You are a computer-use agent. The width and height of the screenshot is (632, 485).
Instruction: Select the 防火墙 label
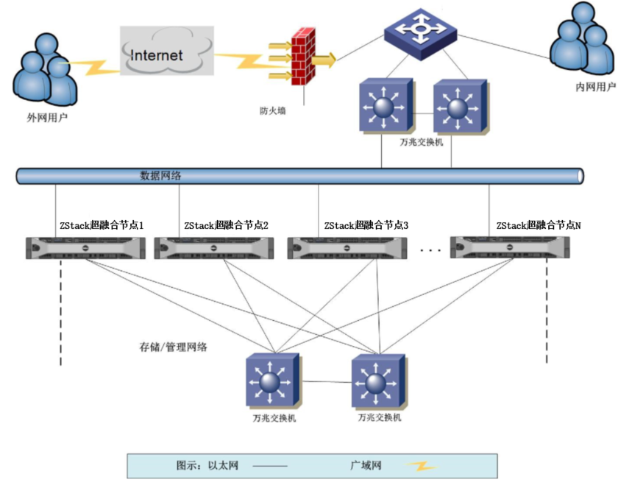[273, 111]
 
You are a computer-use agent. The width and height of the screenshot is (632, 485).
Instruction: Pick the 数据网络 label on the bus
[161, 176]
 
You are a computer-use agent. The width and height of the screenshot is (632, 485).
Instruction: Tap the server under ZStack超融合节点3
[346, 248]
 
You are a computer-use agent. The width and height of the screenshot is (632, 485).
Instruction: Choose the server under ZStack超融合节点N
[510, 248]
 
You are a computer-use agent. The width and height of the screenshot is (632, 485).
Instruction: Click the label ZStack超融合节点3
[366, 225]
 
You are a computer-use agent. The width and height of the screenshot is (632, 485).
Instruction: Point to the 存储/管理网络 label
[173, 346]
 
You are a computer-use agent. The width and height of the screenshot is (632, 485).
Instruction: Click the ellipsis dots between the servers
[430, 250]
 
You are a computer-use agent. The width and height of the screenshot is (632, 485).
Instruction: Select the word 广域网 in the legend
[366, 466]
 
